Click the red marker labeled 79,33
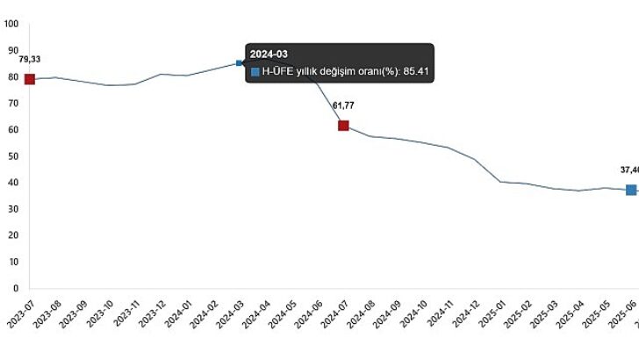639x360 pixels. [29, 79]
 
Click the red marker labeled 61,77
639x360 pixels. [343, 126]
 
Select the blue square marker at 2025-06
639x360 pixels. [630, 190]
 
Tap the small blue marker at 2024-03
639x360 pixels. [240, 63]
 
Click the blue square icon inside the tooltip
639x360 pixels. [255, 72]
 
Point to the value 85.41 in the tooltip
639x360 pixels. [415, 72]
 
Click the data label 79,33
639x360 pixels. [30, 59]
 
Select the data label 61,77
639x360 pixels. [343, 105]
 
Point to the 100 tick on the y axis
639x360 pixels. [12, 25]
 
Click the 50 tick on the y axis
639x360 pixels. [14, 156]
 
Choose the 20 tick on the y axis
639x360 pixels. [14, 235]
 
